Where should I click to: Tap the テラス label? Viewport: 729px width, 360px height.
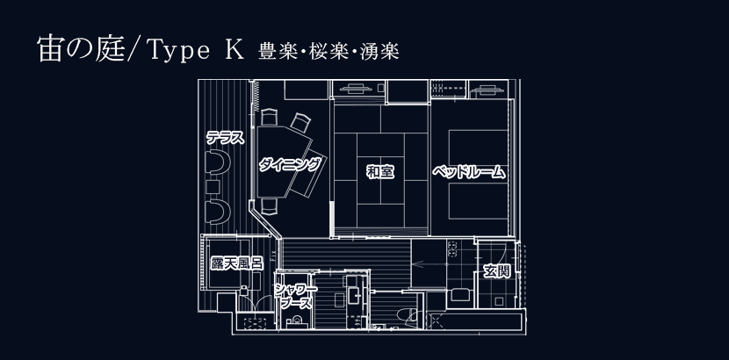click(224, 137)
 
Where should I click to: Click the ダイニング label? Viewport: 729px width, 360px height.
click(290, 163)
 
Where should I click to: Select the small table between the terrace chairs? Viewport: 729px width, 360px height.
click(213, 187)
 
